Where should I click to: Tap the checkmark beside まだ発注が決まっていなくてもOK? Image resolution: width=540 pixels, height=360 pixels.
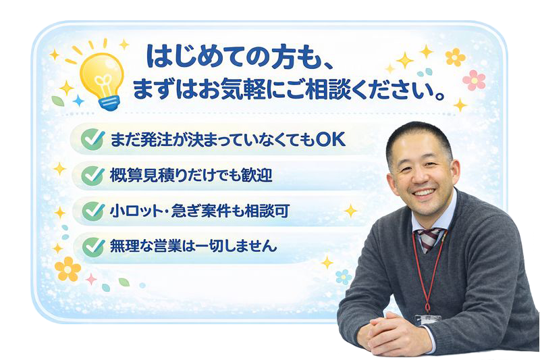(x=91, y=140)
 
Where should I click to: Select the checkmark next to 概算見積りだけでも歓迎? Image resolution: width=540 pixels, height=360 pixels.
(x=91, y=176)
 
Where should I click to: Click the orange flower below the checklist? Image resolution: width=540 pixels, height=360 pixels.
(x=67, y=269)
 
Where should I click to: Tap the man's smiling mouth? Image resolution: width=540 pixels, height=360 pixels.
(x=423, y=193)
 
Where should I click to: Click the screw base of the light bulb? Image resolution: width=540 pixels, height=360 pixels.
(x=109, y=101)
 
